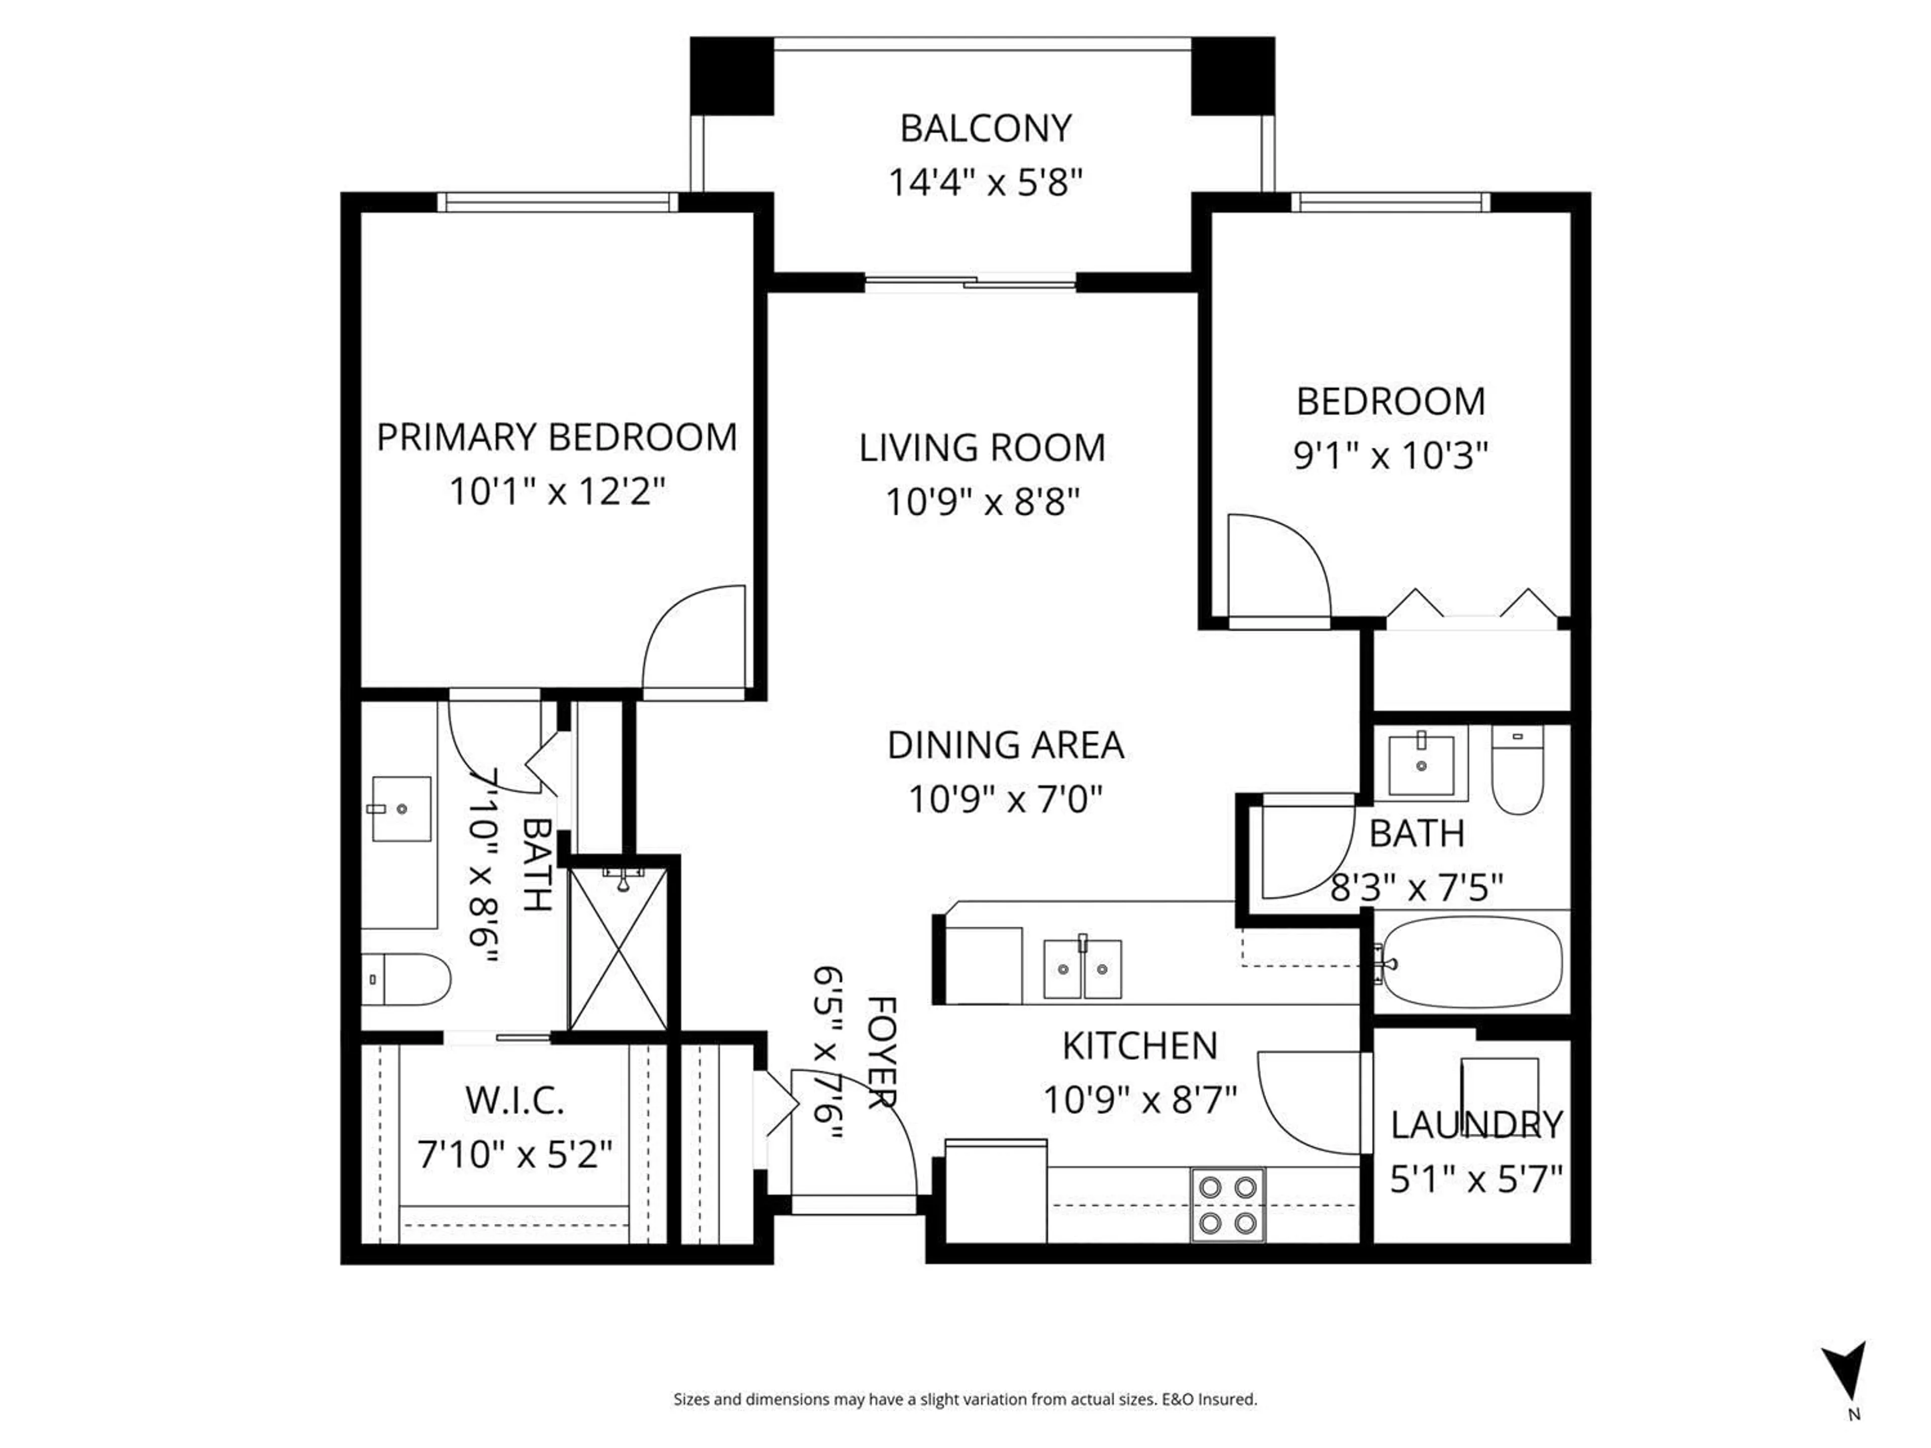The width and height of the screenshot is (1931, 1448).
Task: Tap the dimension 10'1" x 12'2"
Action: point(557,491)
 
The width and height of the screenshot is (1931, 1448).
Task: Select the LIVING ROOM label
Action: point(982,448)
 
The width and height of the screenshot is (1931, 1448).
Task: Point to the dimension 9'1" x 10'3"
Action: point(1390,456)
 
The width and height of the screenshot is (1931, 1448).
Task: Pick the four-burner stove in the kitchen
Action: point(1227,1205)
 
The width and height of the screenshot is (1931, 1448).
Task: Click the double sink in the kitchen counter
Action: point(1083,969)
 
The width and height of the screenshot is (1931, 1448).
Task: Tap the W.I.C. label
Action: point(514,1101)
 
